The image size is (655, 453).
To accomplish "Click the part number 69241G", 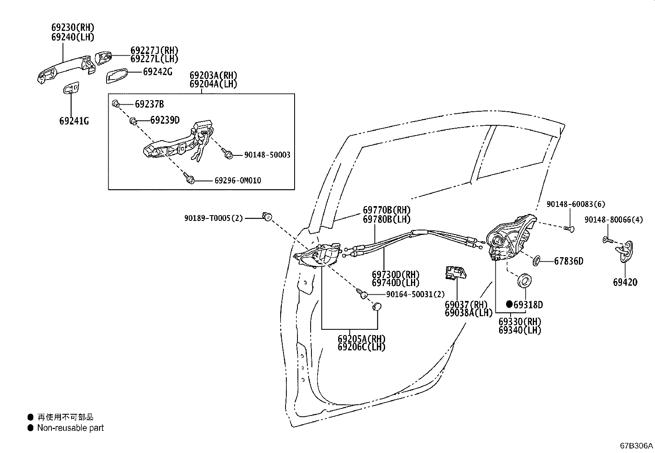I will point(74,121).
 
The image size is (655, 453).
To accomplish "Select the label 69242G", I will point(157,72).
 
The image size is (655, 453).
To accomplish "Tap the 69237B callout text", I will point(149,104).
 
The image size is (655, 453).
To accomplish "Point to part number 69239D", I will point(165,120).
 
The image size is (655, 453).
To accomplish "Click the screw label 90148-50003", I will point(267,155).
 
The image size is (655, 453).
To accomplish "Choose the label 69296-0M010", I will point(237,181).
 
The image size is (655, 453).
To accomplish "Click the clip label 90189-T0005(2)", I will point(214,218).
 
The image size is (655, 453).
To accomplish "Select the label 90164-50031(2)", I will point(416,294).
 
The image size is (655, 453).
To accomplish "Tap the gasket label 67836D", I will point(568,261).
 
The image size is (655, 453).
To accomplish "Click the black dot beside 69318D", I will point(509,304).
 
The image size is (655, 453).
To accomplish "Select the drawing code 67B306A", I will point(636,446).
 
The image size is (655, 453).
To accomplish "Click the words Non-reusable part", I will point(70,428).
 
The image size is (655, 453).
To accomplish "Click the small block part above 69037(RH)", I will point(455,273).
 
